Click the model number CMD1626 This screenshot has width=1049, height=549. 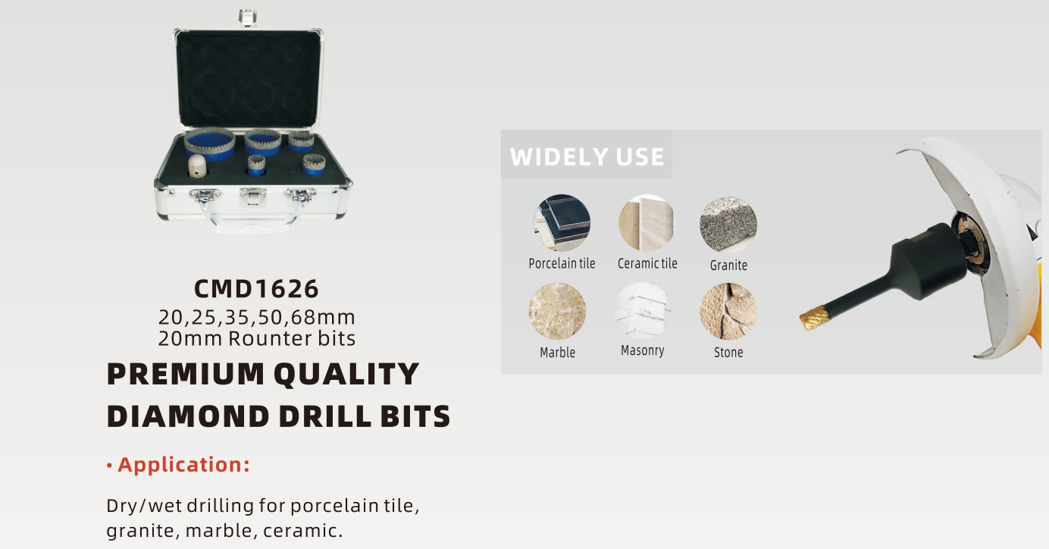(256, 289)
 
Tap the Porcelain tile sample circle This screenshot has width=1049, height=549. (562, 223)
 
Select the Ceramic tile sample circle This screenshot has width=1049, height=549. (647, 223)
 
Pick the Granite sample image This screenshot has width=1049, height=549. (728, 224)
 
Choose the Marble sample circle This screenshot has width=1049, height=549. (557, 311)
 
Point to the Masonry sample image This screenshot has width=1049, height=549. (642, 310)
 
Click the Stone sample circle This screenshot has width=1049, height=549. (728, 311)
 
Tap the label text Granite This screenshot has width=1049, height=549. (728, 265)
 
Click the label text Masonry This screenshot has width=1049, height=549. (643, 351)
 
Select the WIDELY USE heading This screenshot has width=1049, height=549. (587, 156)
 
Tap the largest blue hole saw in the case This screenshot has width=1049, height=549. (209, 144)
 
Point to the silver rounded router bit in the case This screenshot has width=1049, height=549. (197, 166)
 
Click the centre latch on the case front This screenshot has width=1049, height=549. (253, 196)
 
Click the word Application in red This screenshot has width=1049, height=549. (180, 465)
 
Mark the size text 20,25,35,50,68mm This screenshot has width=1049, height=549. (257, 317)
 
